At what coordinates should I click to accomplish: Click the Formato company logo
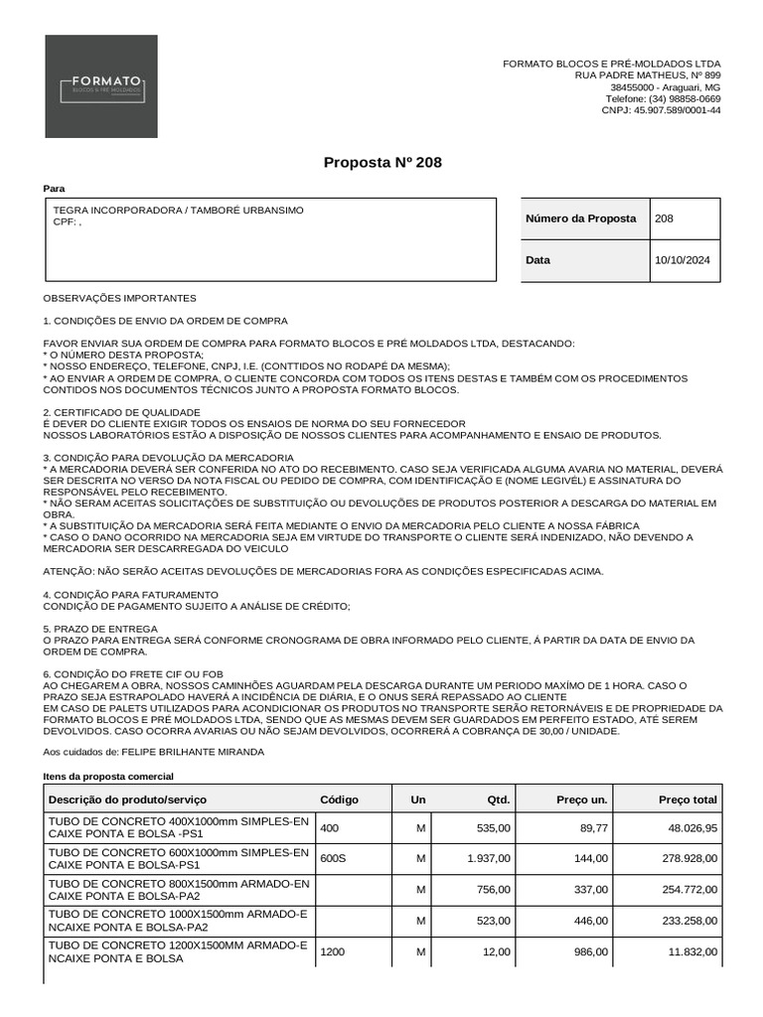point(100,86)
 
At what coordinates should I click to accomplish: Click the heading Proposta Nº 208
point(382,162)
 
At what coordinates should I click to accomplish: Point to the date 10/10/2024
point(683,260)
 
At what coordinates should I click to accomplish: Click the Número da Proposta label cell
point(580,218)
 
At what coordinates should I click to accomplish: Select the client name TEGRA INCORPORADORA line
point(178,211)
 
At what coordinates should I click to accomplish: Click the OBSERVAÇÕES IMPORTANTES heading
point(120,298)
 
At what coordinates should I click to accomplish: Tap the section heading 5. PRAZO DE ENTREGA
point(100,629)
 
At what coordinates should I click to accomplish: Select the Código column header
point(339,799)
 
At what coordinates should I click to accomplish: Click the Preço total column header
point(687,799)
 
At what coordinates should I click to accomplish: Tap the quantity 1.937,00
point(489,858)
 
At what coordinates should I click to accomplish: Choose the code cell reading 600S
point(331,858)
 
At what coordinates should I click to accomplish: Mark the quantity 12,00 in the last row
point(498,951)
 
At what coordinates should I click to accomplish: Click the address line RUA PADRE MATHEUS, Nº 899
point(648,75)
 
